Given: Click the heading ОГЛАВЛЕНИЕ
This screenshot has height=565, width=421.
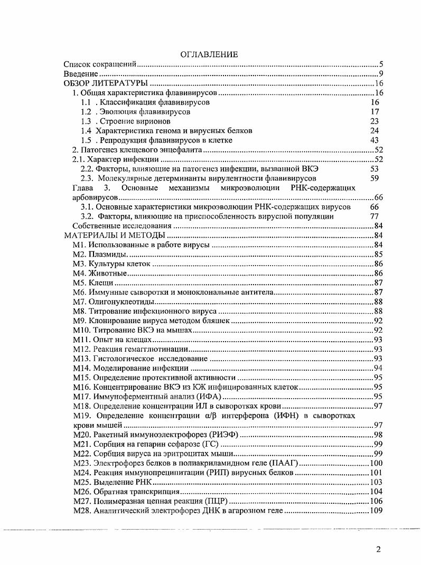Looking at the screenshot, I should pos(209,54).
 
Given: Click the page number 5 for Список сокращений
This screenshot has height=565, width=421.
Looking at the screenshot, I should pos(380,64).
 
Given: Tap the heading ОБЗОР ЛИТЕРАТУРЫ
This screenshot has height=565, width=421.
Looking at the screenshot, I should pos(105,83).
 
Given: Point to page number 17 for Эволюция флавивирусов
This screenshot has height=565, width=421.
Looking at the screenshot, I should pos(375,112).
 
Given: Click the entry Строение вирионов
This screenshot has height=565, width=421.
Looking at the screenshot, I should pos(125,121).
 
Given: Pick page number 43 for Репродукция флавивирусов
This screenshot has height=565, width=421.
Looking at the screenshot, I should pos(375,140).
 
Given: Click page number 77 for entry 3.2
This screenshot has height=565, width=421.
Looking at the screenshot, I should pos(375,216).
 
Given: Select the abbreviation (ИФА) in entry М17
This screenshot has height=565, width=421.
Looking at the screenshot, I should pos(209,396).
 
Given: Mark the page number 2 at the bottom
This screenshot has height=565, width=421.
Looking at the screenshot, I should pos(379,549).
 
